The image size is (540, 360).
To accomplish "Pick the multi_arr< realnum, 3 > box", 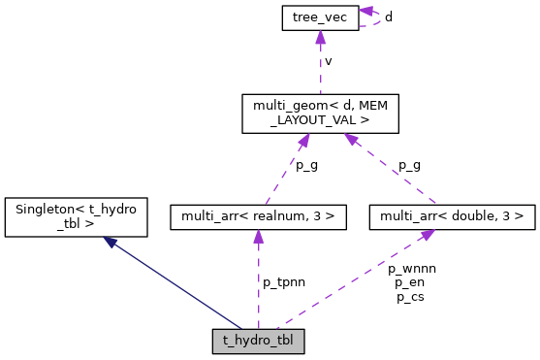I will click(x=258, y=217).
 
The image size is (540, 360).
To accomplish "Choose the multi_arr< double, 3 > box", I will click(x=452, y=217).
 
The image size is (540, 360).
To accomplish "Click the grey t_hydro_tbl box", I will click(x=258, y=342).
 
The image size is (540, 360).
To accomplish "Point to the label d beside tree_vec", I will click(x=389, y=16).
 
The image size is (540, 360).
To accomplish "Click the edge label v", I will click(x=329, y=61).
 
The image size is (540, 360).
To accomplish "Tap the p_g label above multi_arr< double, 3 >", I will click(x=409, y=166).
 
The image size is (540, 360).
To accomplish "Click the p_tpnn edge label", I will click(x=284, y=281).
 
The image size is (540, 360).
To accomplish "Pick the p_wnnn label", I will click(x=412, y=268).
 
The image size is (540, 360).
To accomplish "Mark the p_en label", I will click(x=409, y=282).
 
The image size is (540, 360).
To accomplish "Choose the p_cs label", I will click(x=409, y=297).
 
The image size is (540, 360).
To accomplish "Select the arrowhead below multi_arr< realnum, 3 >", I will click(x=258, y=238).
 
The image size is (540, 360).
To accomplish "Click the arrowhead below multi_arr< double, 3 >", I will click(x=427, y=236).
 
